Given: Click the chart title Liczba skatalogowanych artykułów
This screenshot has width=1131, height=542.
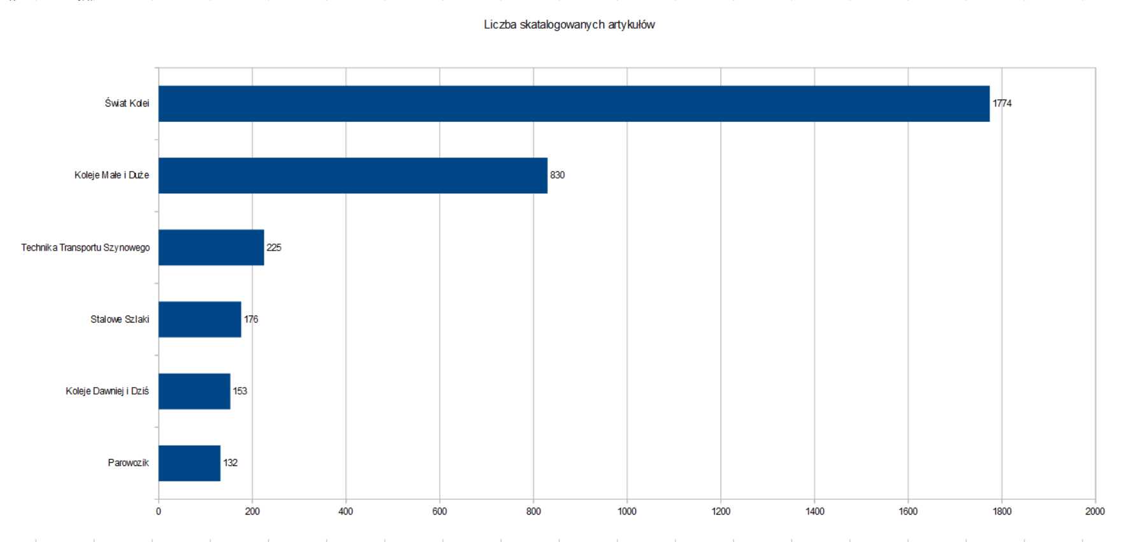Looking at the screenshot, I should pyautogui.click(x=569, y=26).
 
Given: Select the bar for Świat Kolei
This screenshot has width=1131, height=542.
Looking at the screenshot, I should pyautogui.click(x=573, y=103).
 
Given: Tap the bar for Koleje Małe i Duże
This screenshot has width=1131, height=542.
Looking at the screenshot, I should pyautogui.click(x=352, y=175).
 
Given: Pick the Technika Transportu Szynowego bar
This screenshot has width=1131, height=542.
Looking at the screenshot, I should pyautogui.click(x=211, y=247).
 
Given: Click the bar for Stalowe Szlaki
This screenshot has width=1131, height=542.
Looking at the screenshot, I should pyautogui.click(x=199, y=319).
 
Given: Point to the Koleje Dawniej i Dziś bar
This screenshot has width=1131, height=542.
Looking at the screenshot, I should pyautogui.click(x=194, y=391).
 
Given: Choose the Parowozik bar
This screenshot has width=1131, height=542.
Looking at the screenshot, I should pyautogui.click(x=189, y=463).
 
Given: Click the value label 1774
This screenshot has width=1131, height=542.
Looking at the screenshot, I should pyautogui.click(x=1002, y=103).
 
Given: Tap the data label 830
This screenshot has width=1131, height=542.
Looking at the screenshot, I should pyautogui.click(x=557, y=175).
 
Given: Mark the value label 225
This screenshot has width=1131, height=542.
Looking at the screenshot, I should pyautogui.click(x=273, y=247).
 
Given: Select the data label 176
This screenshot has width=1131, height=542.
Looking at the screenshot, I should pyautogui.click(x=251, y=319).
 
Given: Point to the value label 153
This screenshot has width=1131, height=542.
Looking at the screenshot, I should pyautogui.click(x=240, y=391).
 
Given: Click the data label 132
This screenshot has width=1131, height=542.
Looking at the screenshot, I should pyautogui.click(x=230, y=463).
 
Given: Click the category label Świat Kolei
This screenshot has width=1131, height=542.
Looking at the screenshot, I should pyautogui.click(x=127, y=103).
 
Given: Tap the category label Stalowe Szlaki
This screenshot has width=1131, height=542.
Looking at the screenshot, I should pyautogui.click(x=119, y=319).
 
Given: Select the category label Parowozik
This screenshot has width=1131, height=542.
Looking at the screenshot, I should pyautogui.click(x=128, y=463).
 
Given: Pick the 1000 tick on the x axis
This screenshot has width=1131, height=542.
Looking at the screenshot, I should pyautogui.click(x=627, y=511).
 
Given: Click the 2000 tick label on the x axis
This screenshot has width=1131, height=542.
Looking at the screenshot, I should pyautogui.click(x=1095, y=511).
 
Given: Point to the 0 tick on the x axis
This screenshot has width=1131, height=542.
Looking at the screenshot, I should pyautogui.click(x=159, y=511).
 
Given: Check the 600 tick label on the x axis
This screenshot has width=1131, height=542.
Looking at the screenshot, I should pyautogui.click(x=440, y=511).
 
